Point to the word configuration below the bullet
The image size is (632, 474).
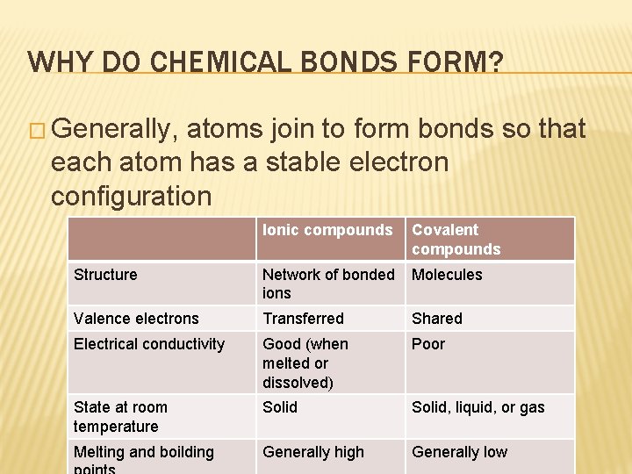click(x=131, y=195)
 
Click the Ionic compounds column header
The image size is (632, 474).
click(x=327, y=230)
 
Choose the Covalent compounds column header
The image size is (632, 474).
click(x=456, y=240)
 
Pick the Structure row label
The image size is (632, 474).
click(x=105, y=275)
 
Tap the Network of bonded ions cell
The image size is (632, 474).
click(x=327, y=284)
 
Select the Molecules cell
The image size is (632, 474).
click(x=447, y=275)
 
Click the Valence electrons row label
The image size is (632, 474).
click(x=136, y=319)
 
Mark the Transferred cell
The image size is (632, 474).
click(x=303, y=319)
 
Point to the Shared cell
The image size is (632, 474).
click(x=436, y=319)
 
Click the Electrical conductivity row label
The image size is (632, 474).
click(x=149, y=344)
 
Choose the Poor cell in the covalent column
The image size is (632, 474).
click(x=428, y=344)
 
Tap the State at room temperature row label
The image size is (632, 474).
click(x=120, y=417)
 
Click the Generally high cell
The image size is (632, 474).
click(x=312, y=452)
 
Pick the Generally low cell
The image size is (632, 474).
click(x=459, y=452)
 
